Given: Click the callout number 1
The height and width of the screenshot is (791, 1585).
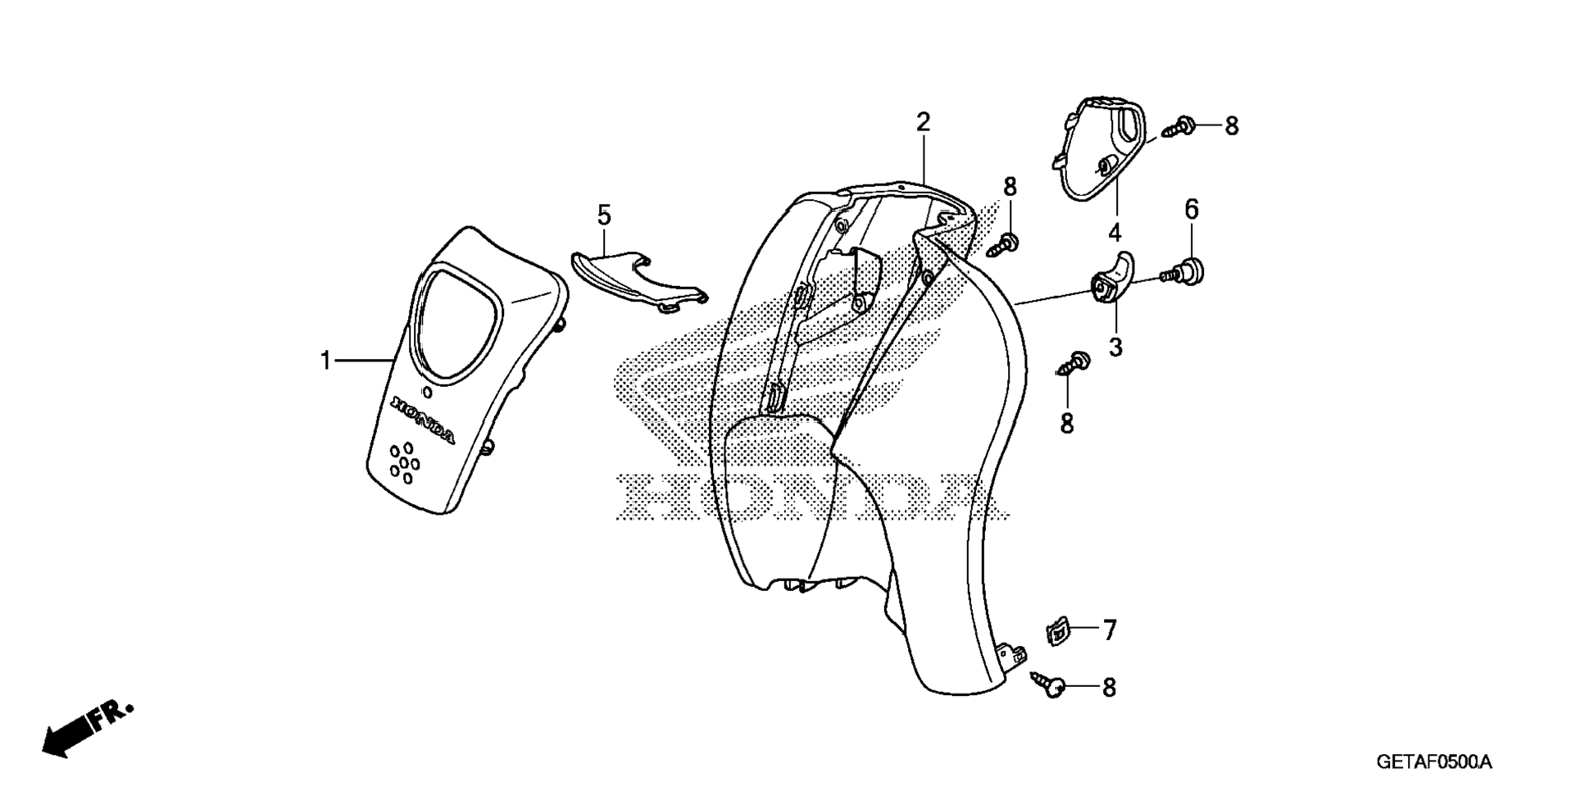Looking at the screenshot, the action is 326,360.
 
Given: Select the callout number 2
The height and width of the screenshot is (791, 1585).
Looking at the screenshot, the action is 924,123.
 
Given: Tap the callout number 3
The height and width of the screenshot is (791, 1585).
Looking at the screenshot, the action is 1115,348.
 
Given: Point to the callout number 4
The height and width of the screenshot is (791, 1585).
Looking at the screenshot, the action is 1115,234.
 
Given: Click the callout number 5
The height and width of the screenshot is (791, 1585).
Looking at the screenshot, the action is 604,216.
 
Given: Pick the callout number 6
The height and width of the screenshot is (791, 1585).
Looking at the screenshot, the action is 1192,210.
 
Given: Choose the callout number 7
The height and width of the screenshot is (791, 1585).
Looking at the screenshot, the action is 1110,630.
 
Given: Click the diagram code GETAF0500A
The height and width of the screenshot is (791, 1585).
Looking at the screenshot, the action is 1434,763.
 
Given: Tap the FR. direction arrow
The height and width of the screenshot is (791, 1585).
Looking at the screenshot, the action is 86,728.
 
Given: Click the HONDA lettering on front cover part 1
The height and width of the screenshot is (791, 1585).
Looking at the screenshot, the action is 424,421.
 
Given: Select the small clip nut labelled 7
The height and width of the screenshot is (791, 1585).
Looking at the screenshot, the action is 1058,632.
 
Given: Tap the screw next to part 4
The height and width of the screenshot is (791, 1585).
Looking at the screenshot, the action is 1179,126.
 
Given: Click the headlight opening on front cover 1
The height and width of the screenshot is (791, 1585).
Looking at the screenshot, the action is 459,323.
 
